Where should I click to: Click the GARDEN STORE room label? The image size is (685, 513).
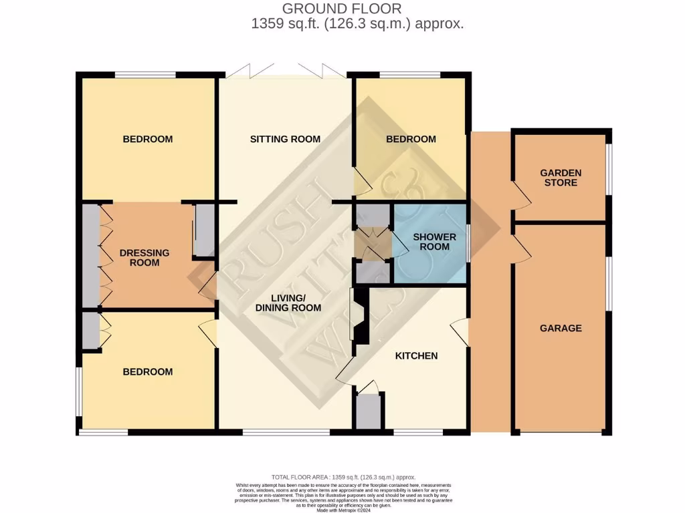(x=561, y=177)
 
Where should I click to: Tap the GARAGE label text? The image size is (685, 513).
(x=561, y=328)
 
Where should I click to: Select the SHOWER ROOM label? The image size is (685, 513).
(x=434, y=242)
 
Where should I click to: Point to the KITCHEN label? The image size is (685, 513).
(x=416, y=355)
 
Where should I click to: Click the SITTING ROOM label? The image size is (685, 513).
(x=285, y=139)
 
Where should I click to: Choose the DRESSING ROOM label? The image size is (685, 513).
(x=144, y=257)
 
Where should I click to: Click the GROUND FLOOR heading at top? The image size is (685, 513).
(x=341, y=9)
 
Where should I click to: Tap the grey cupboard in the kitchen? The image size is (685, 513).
(x=368, y=411)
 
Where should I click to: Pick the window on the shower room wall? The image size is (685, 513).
(x=468, y=242)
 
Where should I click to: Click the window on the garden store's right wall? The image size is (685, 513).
(x=608, y=170)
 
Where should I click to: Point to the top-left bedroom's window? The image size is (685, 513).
(x=145, y=75)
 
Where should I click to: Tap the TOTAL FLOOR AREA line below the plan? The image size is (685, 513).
(x=342, y=477)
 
